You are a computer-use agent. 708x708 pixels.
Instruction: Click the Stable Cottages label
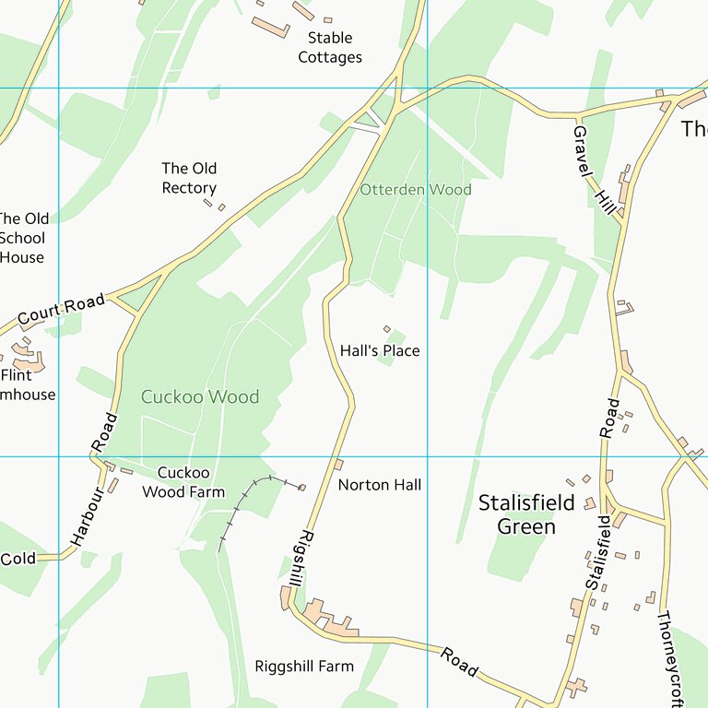[x=329, y=48]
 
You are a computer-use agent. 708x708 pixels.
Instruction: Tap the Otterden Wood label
[x=415, y=190]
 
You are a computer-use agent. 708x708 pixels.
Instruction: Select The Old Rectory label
[x=189, y=178]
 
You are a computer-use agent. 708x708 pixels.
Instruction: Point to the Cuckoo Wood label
[x=199, y=397]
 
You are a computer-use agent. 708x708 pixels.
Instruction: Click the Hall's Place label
[x=379, y=351]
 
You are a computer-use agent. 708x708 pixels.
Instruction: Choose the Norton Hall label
[x=379, y=485]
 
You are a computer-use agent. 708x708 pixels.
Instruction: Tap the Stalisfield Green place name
[x=526, y=514]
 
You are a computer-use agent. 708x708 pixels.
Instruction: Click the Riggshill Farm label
[x=303, y=667]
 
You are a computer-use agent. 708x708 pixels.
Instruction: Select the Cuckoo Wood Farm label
[x=183, y=482]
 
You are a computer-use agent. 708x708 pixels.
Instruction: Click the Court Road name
[x=61, y=311]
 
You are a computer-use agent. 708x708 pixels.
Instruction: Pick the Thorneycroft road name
[x=670, y=659]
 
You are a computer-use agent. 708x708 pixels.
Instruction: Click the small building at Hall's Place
[x=387, y=329]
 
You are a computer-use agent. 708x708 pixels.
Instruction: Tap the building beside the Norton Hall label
[x=338, y=465]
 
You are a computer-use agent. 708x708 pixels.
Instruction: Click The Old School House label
[x=23, y=238]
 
